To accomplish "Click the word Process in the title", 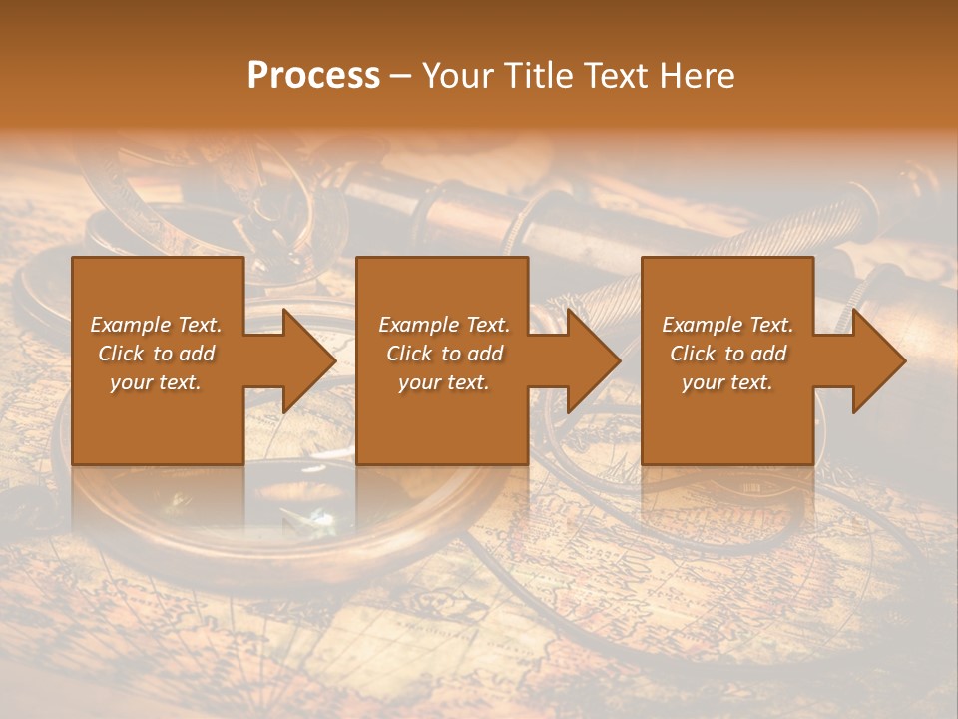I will [x=313, y=76].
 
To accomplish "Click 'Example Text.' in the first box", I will [x=156, y=325].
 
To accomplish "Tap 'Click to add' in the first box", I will [x=156, y=354].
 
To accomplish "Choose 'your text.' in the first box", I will [x=156, y=382].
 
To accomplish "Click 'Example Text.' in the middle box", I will [x=443, y=325].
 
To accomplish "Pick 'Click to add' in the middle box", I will [x=443, y=354].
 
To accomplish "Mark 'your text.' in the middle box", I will [x=443, y=382].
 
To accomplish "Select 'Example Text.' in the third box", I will [x=727, y=325].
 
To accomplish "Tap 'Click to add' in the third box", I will [x=727, y=354].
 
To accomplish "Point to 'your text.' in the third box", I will [x=727, y=382].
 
